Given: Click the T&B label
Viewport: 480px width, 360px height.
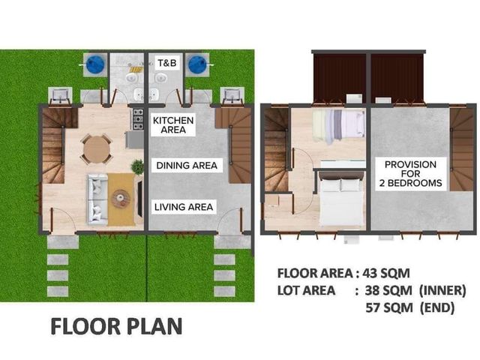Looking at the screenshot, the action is [167, 63].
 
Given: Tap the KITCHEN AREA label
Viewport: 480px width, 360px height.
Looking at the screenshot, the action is [173, 125].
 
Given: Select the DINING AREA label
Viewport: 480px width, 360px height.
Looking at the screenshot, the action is [187, 166].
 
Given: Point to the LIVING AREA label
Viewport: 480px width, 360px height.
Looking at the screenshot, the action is [184, 207].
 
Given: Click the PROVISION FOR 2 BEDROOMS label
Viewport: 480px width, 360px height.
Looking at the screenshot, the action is [410, 173].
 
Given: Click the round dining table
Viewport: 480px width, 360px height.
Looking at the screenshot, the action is [97, 149].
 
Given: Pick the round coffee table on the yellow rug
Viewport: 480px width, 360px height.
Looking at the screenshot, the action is [121, 199].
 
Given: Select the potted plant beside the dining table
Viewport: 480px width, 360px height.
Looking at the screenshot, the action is [137, 166].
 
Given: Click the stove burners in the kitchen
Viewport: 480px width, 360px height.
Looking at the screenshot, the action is [138, 119].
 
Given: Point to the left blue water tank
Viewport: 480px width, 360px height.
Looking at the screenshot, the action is [95, 65].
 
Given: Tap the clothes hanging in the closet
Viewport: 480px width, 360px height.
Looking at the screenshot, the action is [338, 126].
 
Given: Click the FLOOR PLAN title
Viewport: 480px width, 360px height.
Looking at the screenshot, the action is [116, 326].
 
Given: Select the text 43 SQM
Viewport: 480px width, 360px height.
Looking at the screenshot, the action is [386, 273].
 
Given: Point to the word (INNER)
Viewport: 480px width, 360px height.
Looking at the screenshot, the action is [442, 290].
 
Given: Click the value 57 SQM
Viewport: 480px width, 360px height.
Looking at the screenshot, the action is [389, 307].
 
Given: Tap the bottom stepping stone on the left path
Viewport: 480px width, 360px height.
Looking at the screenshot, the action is [58, 291].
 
